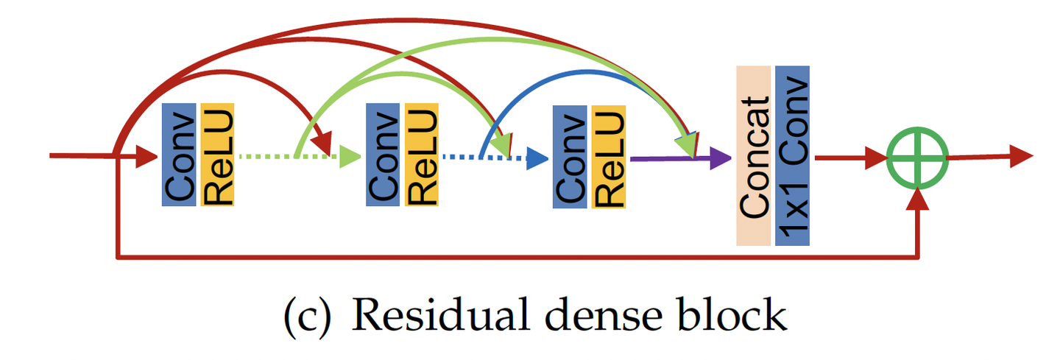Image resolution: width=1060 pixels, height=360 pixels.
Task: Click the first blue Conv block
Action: tap(179, 155)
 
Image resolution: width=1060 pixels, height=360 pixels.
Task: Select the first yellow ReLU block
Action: tap(217, 155)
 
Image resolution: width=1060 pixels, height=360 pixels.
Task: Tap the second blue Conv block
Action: tap(384, 155)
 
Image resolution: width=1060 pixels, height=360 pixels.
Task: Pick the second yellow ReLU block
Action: tap(421, 155)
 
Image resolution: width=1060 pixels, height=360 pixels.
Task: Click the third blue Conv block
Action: tap(570, 156)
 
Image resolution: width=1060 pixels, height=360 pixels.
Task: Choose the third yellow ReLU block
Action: tap(608, 156)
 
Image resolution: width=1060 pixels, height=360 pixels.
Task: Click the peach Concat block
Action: tap(753, 155)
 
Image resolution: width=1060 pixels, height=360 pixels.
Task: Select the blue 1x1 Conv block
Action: tap(792, 155)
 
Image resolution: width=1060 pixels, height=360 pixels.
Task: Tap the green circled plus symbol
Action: tap(917, 157)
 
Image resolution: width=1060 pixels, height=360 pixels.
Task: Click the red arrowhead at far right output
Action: tap(1022, 155)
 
